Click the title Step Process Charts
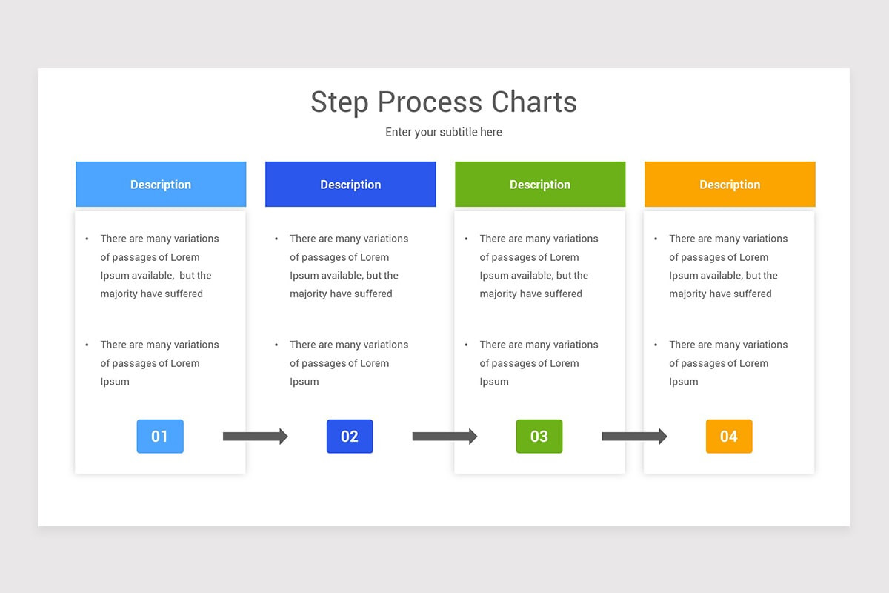coord(443,102)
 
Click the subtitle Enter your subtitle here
coord(443,132)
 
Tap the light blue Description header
coord(161,185)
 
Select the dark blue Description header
coord(350,185)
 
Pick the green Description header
coord(540,185)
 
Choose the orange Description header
coord(730,185)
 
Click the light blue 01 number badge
coord(160,437)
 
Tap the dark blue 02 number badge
coord(350,437)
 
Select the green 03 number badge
coord(539,437)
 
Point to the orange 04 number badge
coord(729,437)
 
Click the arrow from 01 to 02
coord(255,437)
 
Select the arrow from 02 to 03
coord(444,437)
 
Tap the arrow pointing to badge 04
coord(634,437)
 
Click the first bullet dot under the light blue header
coord(87,239)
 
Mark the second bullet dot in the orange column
coord(656,345)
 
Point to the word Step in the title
coord(340,102)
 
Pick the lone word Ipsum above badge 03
coord(494,382)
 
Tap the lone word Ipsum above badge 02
coord(304,382)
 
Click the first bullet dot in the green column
coord(466,239)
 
